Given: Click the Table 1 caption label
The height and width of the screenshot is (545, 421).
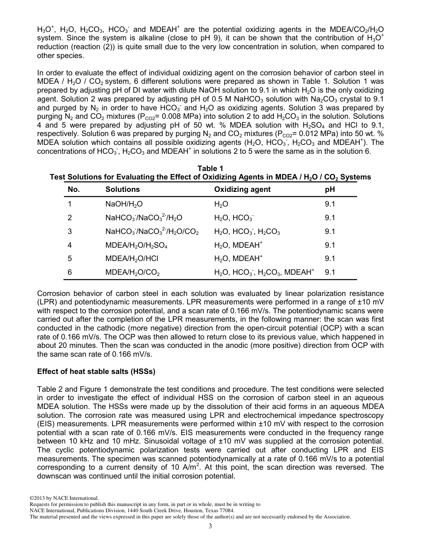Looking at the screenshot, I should (x=210, y=168).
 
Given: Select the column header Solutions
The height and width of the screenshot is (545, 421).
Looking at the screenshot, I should (x=122, y=190).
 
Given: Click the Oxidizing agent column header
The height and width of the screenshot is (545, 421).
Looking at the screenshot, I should (x=242, y=190).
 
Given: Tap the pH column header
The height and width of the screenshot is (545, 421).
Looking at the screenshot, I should (x=330, y=190).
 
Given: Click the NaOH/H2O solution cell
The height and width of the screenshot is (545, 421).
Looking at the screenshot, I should (x=124, y=204).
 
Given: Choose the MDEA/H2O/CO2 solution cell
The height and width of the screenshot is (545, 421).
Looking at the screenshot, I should (x=132, y=272).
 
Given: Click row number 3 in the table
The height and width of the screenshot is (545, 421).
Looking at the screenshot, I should (x=70, y=231).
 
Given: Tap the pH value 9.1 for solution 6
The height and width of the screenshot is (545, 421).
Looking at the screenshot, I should (x=330, y=272).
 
